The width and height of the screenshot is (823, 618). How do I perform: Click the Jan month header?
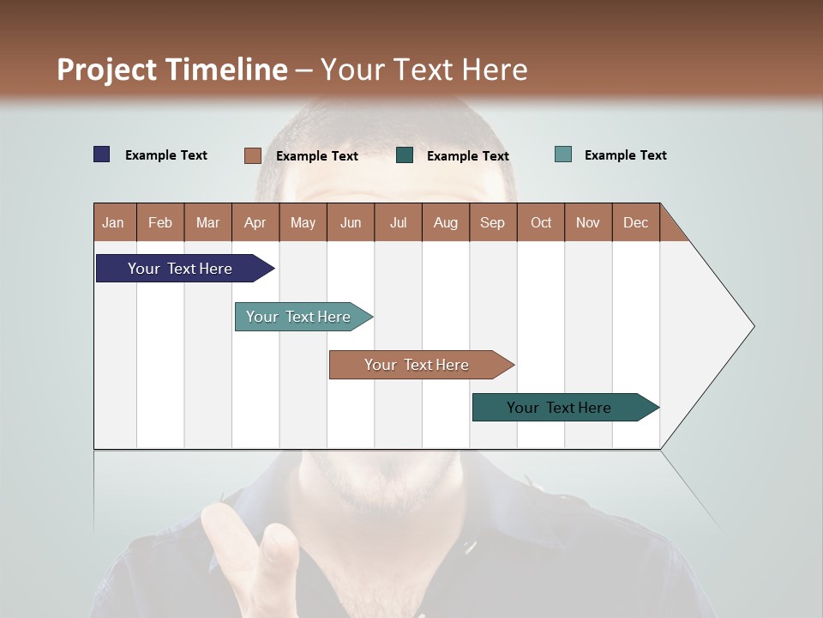coord(114,222)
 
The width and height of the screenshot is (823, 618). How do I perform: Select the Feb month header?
coord(160,222)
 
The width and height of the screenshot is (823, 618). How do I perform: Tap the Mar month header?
coord(207,222)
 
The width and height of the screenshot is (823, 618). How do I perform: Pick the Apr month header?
coord(255,222)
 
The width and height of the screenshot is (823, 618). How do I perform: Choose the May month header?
coord(303,222)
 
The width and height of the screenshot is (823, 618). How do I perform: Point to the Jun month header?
coord(351,222)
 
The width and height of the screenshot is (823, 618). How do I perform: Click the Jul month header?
coord(398,222)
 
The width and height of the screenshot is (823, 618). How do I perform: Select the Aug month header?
coord(446,222)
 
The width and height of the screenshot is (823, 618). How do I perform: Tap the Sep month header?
coord(493,222)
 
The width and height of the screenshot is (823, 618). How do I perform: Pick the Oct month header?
coord(541,222)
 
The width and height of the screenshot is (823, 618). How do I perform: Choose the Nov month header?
coord(588,222)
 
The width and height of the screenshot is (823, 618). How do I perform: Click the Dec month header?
coord(636,222)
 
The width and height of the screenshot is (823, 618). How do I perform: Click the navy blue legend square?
coord(102,154)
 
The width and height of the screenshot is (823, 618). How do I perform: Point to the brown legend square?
coord(253,155)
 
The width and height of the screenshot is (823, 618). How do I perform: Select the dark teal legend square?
coord(405,155)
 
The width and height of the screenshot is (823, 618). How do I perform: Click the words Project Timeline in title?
coord(172,70)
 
